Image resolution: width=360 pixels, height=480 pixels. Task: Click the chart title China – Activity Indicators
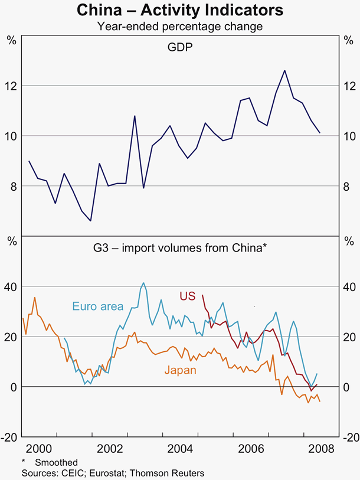tap(180, 11)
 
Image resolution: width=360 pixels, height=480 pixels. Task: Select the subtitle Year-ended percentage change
tap(180, 26)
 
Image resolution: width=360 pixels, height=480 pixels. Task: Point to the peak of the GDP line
tap(284, 70)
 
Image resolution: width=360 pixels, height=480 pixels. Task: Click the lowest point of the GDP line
tap(90, 221)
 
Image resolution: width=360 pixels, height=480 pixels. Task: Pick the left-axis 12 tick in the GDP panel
tap(11, 86)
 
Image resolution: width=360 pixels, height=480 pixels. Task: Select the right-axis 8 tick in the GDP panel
tap(349, 186)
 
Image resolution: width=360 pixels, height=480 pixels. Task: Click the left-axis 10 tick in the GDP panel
tap(11, 136)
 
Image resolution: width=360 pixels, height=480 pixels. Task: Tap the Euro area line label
tap(97, 306)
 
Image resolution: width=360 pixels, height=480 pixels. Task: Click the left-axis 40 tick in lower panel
tap(11, 286)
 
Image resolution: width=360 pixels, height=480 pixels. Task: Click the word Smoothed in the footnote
tap(56, 462)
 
